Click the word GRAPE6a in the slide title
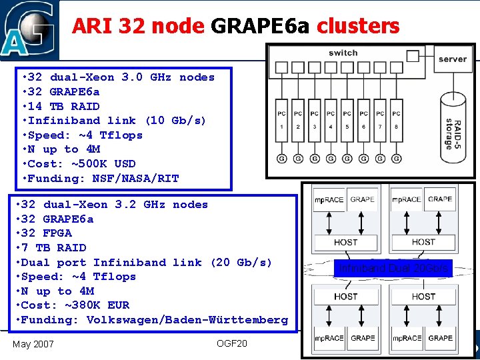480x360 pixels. pos(261,26)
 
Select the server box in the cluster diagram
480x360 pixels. pos(452,59)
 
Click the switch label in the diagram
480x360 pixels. pos(343,53)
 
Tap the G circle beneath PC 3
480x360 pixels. pos(314,159)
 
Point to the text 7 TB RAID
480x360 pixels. pos(54,247)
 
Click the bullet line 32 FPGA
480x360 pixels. pos(47,233)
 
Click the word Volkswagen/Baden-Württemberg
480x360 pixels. pos(187,320)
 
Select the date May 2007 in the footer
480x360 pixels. pos(33,343)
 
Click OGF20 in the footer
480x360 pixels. pos(231,343)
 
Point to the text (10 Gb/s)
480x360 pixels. pos(175,120)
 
